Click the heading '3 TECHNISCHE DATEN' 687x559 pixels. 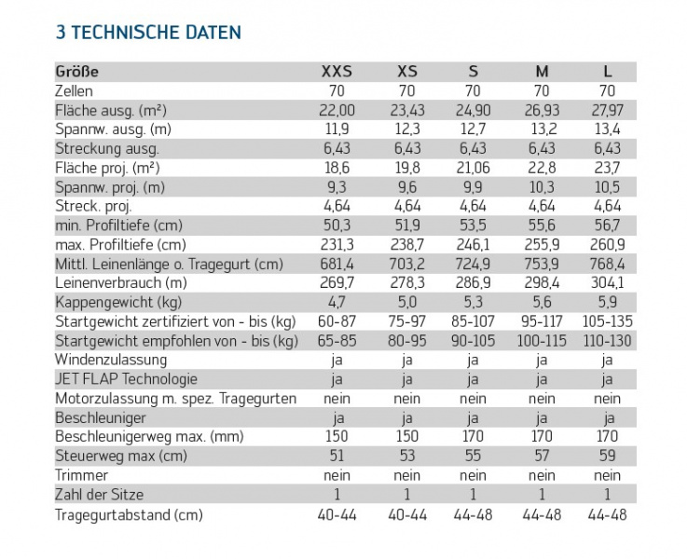[x=148, y=33]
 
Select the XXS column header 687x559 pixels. [x=337, y=72]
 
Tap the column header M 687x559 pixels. [x=542, y=72]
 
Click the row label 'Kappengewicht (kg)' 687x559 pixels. [x=118, y=303]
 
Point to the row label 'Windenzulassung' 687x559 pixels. [x=111, y=360]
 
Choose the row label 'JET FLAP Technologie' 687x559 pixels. [x=126, y=379]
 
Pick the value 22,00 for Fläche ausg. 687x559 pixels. [x=337, y=110]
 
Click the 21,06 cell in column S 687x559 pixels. [x=473, y=168]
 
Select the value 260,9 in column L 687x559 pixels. [x=607, y=245]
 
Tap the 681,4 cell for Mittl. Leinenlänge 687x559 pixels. [x=337, y=264]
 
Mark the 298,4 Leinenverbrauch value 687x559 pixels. [x=542, y=283]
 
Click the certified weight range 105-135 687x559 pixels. [x=607, y=321]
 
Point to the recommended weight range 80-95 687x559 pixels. [x=407, y=341]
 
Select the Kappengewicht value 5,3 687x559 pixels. [x=473, y=302]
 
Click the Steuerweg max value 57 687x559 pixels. [x=542, y=456]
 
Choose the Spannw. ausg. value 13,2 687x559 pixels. [x=542, y=130]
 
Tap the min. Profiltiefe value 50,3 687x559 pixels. [x=337, y=225]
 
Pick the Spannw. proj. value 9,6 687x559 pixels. [x=407, y=187]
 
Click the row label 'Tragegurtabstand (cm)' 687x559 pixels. [x=129, y=515]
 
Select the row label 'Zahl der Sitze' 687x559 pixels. [x=100, y=495]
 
